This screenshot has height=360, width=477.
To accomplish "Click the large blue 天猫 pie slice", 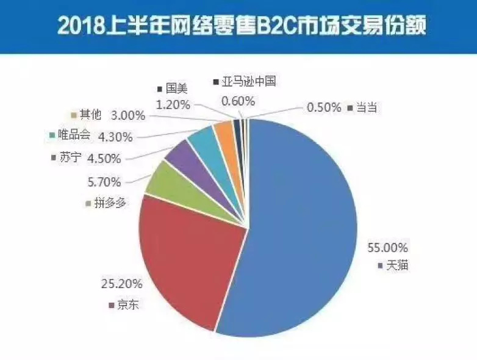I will (305, 232).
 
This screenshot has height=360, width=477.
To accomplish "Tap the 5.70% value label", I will (104, 182).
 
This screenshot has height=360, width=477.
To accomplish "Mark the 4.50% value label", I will (104, 159).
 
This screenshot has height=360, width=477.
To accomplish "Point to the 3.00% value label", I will (128, 115).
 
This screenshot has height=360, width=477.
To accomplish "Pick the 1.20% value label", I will (174, 104).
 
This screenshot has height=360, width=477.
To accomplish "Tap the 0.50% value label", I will (325, 107).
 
